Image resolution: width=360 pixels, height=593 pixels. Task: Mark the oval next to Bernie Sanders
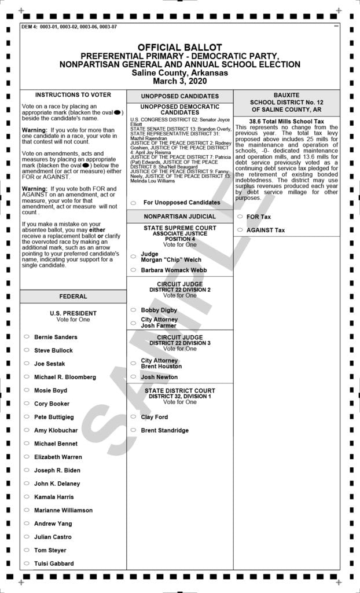pyautogui.click(x=27, y=336)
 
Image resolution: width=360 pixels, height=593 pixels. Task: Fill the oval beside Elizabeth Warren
pyautogui.click(x=27, y=457)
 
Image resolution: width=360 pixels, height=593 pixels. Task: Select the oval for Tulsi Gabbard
pyautogui.click(x=27, y=563)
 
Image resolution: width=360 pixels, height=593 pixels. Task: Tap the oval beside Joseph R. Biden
pyautogui.click(x=27, y=470)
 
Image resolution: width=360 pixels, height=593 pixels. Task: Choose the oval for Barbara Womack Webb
pyautogui.click(x=134, y=270)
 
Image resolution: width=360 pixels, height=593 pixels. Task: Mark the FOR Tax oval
pyautogui.click(x=240, y=217)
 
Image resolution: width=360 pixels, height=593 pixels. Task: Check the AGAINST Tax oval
pyautogui.click(x=240, y=230)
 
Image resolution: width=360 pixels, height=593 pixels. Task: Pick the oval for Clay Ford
pyautogui.click(x=134, y=417)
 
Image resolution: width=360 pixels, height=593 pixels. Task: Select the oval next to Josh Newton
pyautogui.click(x=134, y=377)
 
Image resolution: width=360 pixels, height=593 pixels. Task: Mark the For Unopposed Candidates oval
pyautogui.click(x=134, y=203)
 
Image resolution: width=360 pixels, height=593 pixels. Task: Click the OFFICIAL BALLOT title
pyautogui.click(x=179, y=47)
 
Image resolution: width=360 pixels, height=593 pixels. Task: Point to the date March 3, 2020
pyautogui.click(x=179, y=81)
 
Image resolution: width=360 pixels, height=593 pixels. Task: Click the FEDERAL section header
pyautogui.click(x=73, y=296)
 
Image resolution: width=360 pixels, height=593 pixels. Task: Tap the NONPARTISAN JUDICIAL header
pyautogui.click(x=179, y=217)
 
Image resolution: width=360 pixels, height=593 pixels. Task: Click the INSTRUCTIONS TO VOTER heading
pyautogui.click(x=73, y=94)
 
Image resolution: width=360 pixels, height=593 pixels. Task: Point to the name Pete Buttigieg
pyautogui.click(x=54, y=417)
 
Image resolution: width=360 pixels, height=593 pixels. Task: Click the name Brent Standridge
pyautogui.click(x=164, y=430)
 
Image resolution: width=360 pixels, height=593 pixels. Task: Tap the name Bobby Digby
pyautogui.click(x=159, y=310)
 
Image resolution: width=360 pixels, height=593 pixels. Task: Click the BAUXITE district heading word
pyautogui.click(x=286, y=94)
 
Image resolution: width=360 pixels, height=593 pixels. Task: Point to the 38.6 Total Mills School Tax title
pyautogui.click(x=286, y=121)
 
